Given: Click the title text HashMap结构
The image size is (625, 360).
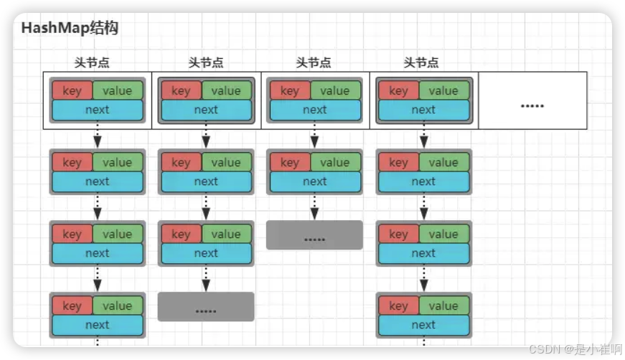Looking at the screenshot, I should [70, 29].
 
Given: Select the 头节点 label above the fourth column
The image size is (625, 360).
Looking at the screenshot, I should [421, 63].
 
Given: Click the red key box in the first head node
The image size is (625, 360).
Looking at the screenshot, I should [72, 90].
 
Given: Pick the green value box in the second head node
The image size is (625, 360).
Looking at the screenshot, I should [226, 90].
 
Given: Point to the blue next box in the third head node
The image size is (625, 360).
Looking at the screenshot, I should [314, 110].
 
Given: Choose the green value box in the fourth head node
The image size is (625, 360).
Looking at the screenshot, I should [443, 90].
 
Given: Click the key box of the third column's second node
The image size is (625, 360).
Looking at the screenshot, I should [289, 162].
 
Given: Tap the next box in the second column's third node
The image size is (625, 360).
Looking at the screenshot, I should [206, 253].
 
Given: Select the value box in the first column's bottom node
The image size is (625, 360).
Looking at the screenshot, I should [117, 305].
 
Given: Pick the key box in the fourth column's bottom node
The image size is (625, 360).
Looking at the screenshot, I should [398, 305].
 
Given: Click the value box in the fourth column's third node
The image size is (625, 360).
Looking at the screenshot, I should [443, 234].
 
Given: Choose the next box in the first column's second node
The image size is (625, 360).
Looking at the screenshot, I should [98, 181].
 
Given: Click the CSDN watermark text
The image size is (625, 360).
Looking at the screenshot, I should [571, 349].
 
